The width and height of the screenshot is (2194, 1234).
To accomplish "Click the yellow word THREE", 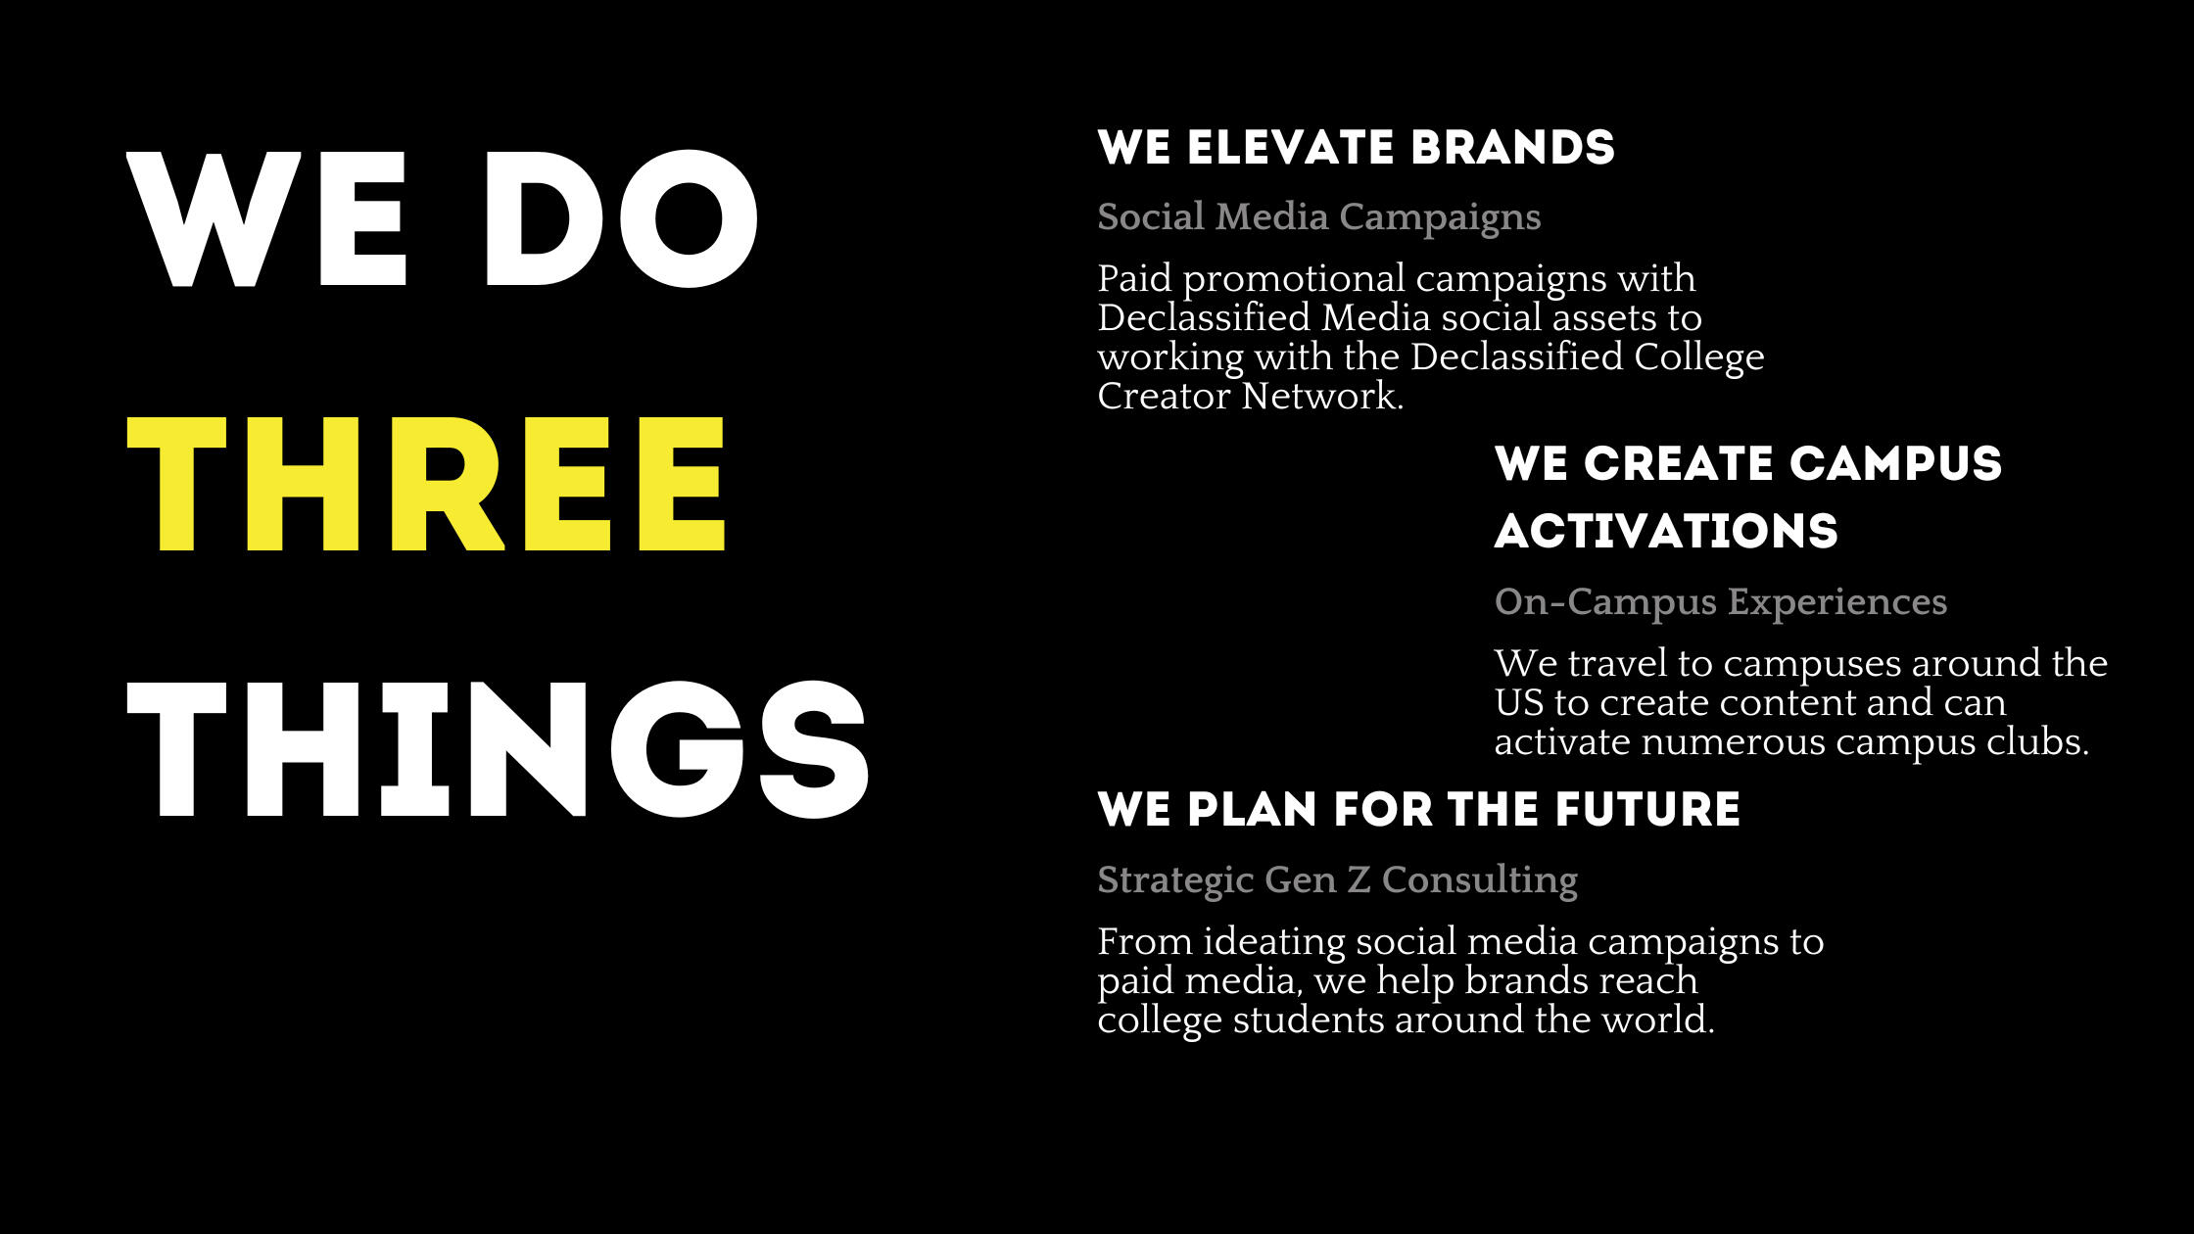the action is click(426, 484).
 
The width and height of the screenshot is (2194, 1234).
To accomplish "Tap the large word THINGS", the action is click(498, 749).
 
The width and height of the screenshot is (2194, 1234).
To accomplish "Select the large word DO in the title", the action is click(621, 219).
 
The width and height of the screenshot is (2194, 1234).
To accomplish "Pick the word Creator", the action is click(1164, 397).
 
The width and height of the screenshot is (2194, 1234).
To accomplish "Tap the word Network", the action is click(1323, 397).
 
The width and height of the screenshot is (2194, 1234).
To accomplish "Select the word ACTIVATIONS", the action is click(1666, 532).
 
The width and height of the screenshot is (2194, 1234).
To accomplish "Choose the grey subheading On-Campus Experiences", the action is click(1721, 602).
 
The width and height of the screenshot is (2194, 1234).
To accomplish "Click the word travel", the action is click(1617, 664).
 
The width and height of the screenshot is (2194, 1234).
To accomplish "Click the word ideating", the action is click(1274, 943).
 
